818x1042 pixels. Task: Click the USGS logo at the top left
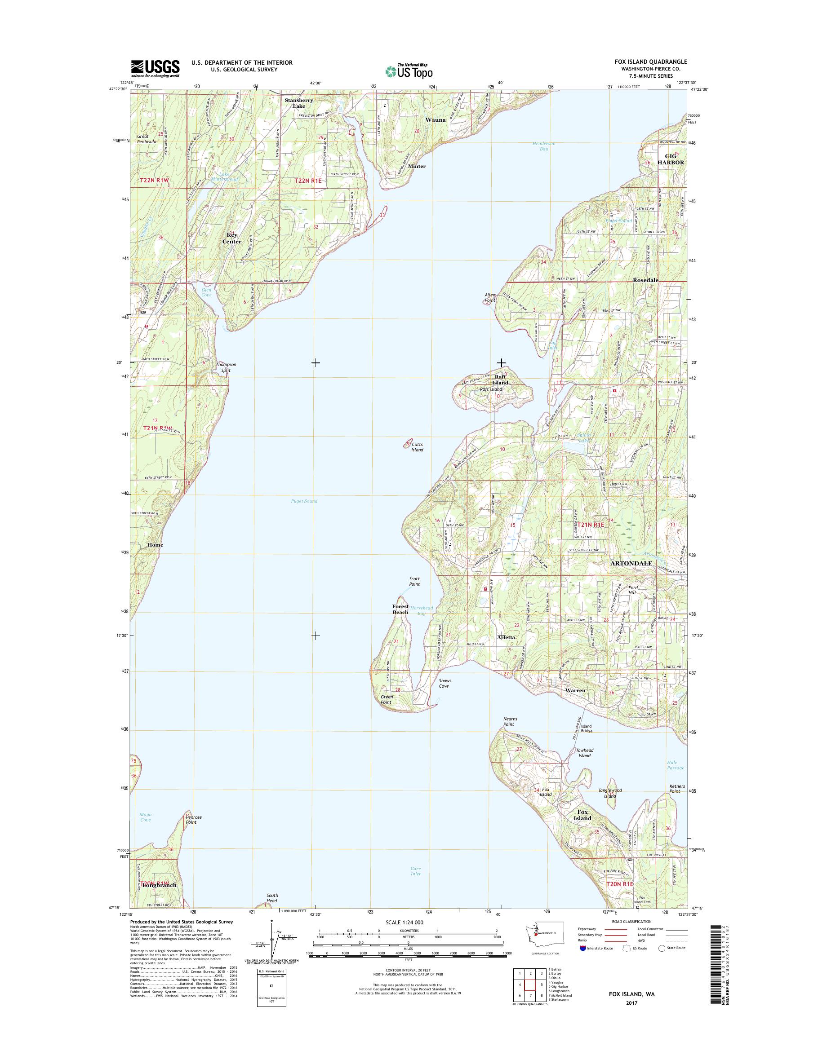[x=155, y=69]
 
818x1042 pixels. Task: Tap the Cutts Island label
[x=417, y=447]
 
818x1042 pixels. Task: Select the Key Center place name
[x=232, y=238]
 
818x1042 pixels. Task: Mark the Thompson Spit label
[x=226, y=367]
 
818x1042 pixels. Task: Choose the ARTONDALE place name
[x=631, y=563]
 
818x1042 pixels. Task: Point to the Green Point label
[x=387, y=699]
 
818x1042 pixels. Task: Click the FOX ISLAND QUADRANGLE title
[x=652, y=62]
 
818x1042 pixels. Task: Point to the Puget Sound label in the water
[x=304, y=501]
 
